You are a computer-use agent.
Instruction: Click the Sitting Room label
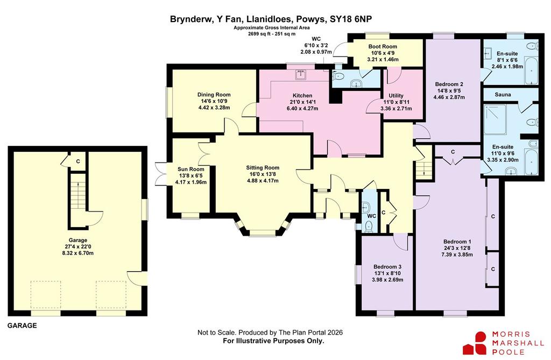[263, 168]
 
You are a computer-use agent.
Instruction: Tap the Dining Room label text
[214, 95]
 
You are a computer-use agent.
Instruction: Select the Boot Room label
[383, 46]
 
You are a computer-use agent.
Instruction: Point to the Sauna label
[503, 95]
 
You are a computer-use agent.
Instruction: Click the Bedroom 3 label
[387, 267]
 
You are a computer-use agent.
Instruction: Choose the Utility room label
[396, 96]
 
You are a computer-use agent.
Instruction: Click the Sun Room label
[191, 169]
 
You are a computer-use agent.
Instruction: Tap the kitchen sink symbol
[301, 75]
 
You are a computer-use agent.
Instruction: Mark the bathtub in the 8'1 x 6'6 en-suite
[531, 72]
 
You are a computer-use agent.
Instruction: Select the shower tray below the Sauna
[496, 119]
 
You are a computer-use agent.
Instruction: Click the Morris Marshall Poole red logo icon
[475, 343]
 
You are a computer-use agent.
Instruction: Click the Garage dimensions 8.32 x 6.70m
[77, 253]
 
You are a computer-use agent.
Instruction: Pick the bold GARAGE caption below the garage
[22, 326]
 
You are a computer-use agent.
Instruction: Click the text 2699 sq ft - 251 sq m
[272, 34]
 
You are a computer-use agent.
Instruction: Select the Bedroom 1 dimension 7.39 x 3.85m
[457, 255]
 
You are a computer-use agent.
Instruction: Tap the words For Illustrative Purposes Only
[274, 341]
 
